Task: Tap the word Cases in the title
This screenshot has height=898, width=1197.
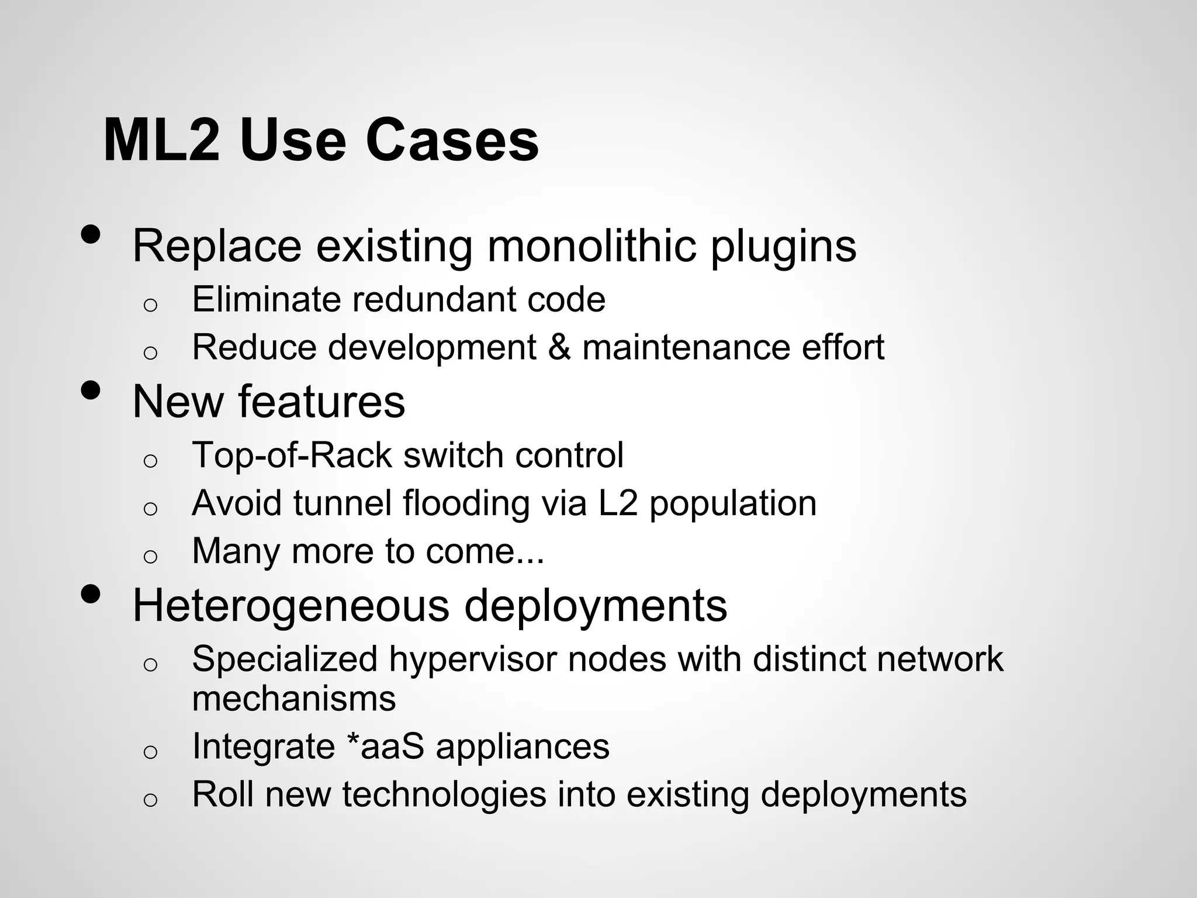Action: (452, 140)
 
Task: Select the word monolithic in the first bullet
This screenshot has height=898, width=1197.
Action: (591, 246)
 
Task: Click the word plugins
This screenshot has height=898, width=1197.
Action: (783, 247)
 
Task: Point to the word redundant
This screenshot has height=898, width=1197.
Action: (434, 299)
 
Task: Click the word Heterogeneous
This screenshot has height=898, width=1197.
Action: (290, 606)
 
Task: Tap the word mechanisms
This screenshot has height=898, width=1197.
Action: (293, 699)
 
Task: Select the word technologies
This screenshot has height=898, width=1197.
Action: (445, 795)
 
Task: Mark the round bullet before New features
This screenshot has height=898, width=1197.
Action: (90, 390)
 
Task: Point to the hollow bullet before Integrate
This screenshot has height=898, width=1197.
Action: (150, 752)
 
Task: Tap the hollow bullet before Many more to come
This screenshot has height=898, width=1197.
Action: (150, 556)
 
